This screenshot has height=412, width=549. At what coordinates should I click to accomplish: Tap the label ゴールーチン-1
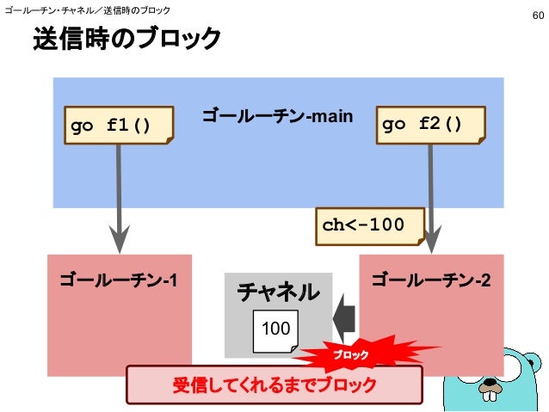click(119, 280)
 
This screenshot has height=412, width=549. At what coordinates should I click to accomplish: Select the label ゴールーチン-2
click(431, 280)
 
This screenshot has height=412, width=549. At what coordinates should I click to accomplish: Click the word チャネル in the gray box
click(277, 292)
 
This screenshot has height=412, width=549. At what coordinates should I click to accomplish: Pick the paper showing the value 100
click(275, 329)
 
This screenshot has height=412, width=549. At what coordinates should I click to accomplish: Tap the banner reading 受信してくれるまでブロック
click(274, 384)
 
